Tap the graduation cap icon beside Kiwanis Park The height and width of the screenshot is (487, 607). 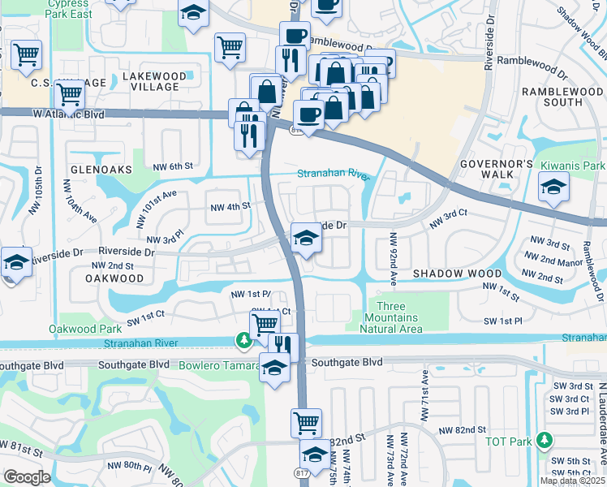554,187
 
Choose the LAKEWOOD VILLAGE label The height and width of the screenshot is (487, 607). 149,81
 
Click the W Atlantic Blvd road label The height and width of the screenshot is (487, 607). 68,114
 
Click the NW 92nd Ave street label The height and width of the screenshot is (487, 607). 393,258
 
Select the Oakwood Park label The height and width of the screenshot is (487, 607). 79,329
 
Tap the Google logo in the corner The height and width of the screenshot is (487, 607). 26,477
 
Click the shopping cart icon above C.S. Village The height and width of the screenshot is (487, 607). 27,54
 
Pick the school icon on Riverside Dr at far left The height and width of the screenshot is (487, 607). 15,263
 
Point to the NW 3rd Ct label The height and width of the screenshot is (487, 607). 450,213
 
